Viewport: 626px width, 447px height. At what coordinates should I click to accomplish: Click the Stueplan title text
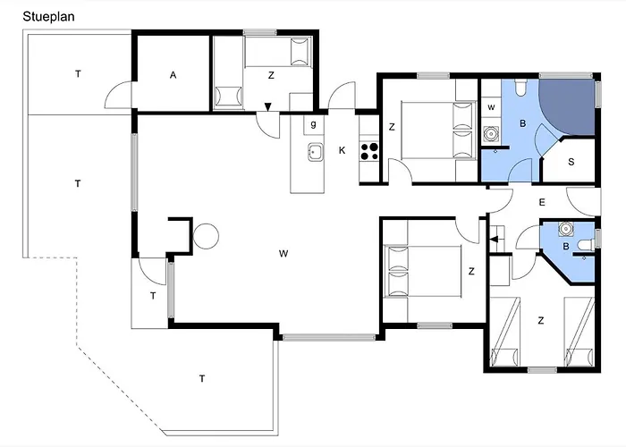click(48, 17)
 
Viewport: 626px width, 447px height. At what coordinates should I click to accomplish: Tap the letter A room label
click(173, 75)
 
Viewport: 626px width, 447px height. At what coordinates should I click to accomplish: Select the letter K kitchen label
click(342, 150)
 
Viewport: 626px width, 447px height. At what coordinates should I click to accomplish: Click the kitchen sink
click(316, 152)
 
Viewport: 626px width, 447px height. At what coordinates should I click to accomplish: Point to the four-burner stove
click(369, 152)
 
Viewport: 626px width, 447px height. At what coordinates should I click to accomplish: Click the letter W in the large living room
click(283, 253)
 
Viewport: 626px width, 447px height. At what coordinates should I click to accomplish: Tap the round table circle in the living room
click(206, 236)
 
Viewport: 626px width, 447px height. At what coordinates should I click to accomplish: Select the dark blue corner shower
click(567, 105)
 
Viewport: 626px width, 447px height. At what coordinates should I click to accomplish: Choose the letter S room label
click(571, 162)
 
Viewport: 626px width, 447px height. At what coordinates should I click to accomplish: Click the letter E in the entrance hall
click(542, 202)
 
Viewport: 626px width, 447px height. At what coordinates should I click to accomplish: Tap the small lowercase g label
click(313, 124)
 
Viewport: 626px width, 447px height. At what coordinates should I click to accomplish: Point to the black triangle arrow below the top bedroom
click(268, 106)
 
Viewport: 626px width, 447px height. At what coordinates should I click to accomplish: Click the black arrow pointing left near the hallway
click(495, 239)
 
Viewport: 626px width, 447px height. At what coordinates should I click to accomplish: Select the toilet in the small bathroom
click(588, 244)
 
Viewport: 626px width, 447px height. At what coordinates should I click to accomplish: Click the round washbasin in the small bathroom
click(566, 228)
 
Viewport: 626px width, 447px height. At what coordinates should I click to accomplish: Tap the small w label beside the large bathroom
click(491, 107)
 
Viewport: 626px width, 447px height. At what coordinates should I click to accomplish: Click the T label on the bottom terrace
click(202, 378)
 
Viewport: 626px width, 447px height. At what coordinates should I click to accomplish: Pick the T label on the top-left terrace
click(78, 74)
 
